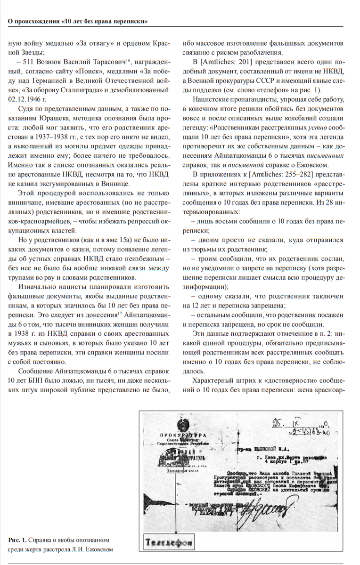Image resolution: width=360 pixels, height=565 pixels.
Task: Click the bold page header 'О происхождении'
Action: pos(33,22)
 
